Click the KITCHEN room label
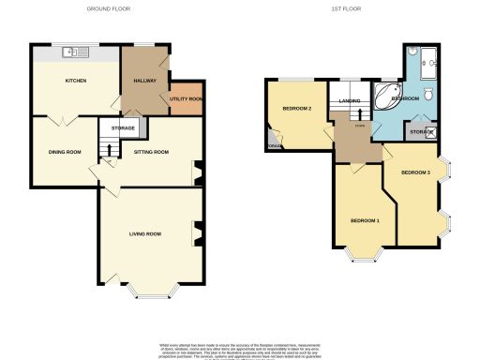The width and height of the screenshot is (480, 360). (76, 81)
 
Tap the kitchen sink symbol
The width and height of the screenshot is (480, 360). (75, 51)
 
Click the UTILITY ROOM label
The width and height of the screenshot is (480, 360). (187, 98)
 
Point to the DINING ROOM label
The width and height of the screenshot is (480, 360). (66, 151)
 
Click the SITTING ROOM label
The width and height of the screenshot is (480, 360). (151, 151)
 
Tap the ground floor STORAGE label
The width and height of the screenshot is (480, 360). (124, 127)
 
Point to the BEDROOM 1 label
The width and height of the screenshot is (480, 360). (365, 220)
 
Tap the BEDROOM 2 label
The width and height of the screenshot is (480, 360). (296, 109)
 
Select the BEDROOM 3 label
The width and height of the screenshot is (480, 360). (415, 172)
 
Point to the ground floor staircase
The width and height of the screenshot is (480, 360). (109, 148)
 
